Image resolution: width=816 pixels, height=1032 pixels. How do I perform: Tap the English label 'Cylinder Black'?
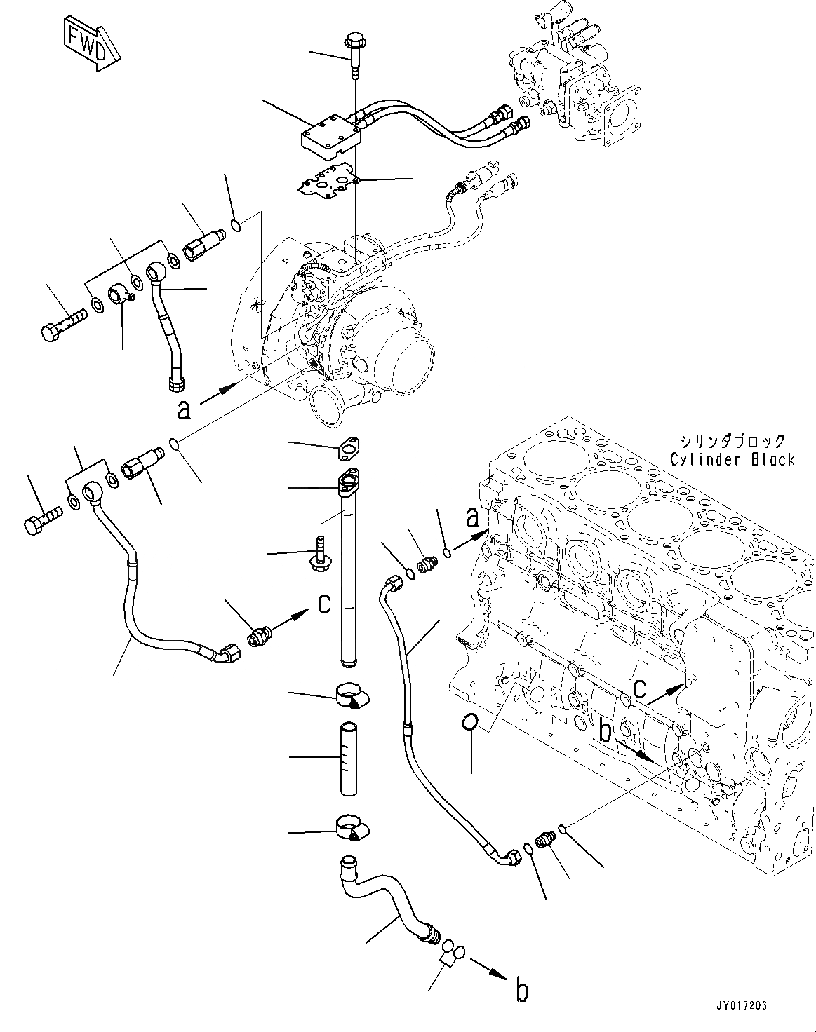pos(732,459)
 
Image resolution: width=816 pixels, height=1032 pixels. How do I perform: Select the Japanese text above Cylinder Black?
pos(732,441)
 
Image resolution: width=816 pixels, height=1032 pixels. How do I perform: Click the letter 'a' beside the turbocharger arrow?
pos(184,409)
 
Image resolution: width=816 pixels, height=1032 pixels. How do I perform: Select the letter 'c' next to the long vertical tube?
pos(324,603)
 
